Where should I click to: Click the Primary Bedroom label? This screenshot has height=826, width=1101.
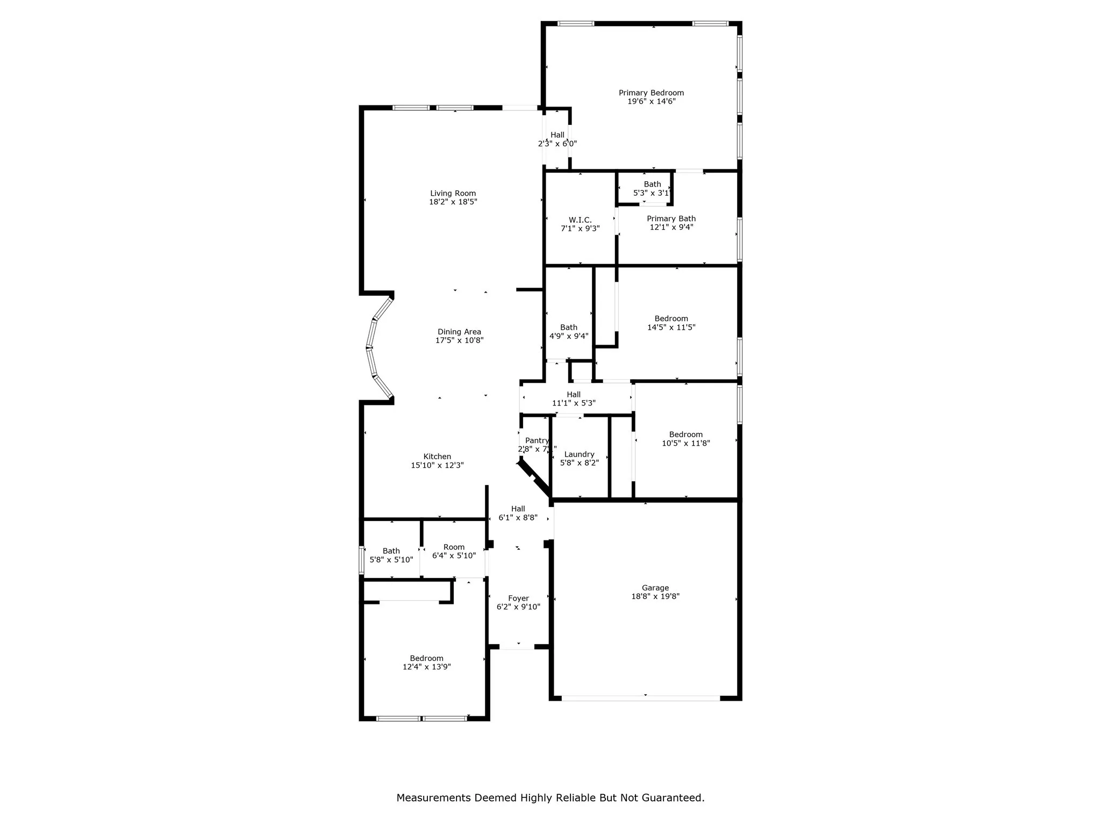point(651,93)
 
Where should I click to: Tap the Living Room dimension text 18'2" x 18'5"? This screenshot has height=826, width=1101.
point(453,202)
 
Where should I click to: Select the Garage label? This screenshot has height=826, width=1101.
point(655,588)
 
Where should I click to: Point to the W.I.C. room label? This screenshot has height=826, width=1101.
point(580,220)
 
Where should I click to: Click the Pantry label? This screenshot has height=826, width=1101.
point(537,440)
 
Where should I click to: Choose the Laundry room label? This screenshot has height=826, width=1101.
point(579,454)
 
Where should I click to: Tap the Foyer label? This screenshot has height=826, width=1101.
point(518,598)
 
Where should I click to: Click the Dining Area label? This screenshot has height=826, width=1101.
point(459,332)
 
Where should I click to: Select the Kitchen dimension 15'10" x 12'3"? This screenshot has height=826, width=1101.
point(437,465)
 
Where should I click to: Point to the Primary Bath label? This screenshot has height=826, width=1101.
point(671,218)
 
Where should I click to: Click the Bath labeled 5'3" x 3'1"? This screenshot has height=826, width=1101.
point(652,184)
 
